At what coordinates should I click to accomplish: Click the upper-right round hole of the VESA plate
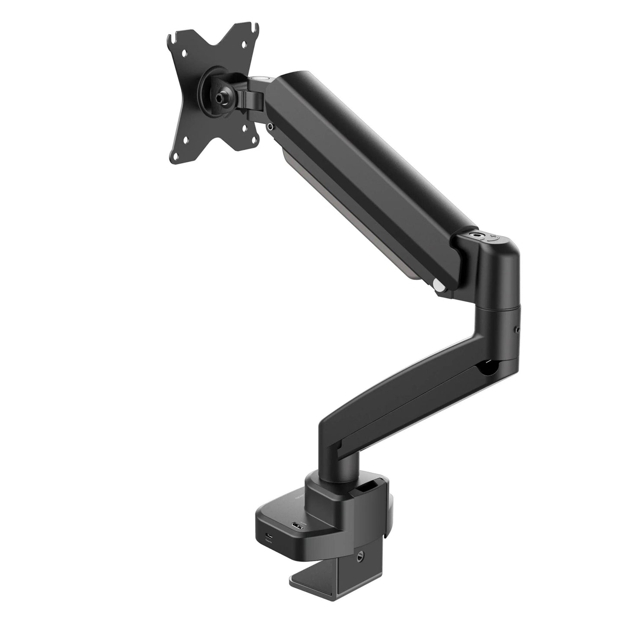[x=246, y=44]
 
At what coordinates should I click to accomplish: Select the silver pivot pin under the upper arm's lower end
[x=438, y=286]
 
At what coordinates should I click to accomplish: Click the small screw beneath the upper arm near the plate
[x=271, y=127]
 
